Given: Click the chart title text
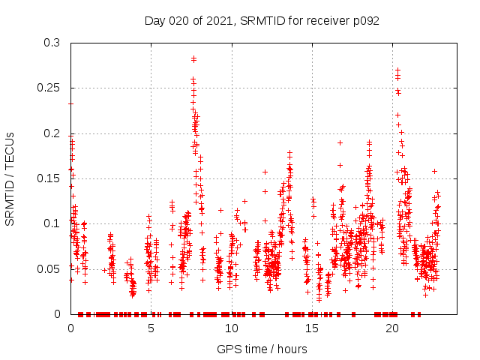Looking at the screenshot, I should tap(262, 20).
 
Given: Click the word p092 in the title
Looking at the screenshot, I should tap(364, 20).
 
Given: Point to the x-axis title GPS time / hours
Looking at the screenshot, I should tap(262, 349).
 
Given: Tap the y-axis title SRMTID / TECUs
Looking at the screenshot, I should tap(10, 178).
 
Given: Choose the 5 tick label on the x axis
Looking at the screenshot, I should tap(151, 328).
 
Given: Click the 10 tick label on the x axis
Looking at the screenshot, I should tap(231, 328).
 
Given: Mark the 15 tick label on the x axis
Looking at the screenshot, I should tap(312, 328).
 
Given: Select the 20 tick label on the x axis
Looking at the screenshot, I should tap(392, 328).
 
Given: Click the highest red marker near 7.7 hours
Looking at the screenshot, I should tap(193, 58).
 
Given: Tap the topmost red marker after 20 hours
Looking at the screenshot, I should tap(397, 70).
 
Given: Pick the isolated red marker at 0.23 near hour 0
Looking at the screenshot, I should tap(70, 103).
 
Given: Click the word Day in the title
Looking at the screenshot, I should tap(154, 20).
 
